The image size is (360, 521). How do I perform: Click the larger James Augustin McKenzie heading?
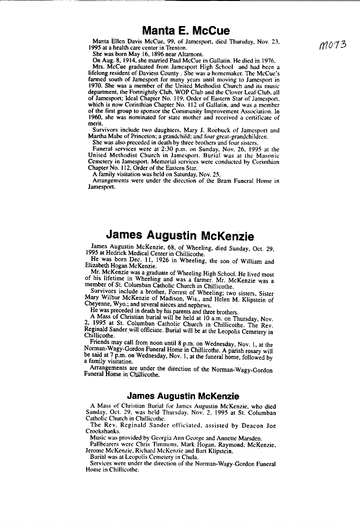[180, 235]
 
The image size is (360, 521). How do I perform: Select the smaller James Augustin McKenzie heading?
[183, 396]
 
